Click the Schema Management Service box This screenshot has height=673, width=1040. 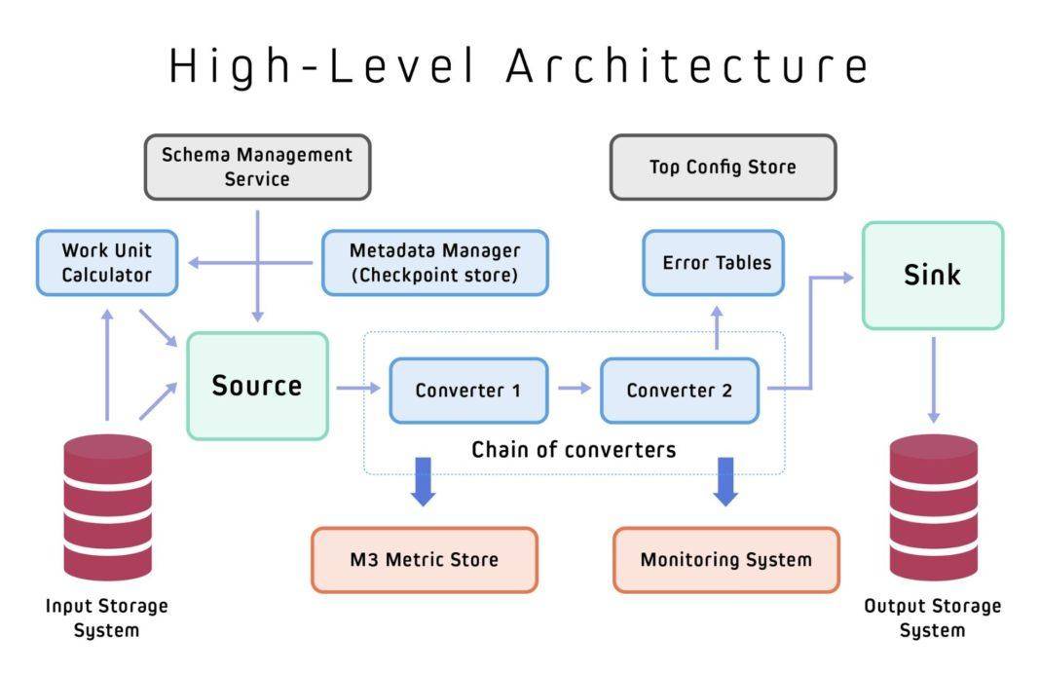(x=257, y=168)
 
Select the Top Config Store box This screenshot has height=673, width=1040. (x=723, y=168)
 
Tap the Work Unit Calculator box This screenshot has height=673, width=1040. (x=107, y=263)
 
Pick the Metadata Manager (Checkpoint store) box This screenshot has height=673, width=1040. (x=435, y=263)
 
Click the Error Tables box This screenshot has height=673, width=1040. (x=714, y=263)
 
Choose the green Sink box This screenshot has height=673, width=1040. (x=933, y=276)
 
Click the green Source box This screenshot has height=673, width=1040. (x=257, y=386)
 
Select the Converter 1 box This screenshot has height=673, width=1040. (x=469, y=391)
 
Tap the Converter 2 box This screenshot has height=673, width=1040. (x=680, y=391)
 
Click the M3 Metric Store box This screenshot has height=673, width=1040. (x=425, y=560)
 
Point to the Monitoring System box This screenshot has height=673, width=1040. (x=726, y=560)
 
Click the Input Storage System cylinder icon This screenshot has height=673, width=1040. (x=107, y=507)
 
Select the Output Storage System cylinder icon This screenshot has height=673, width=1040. (x=933, y=507)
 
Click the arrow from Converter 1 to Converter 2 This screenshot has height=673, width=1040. (x=575, y=388)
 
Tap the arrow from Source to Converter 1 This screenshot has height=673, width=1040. (x=358, y=388)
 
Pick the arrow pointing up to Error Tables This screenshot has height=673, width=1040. (x=717, y=327)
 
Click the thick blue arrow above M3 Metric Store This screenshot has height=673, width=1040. (x=424, y=482)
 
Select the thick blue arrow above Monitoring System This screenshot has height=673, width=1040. (x=725, y=482)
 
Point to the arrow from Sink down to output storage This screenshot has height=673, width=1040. (x=933, y=380)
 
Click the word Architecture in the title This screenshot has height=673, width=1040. (x=687, y=66)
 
